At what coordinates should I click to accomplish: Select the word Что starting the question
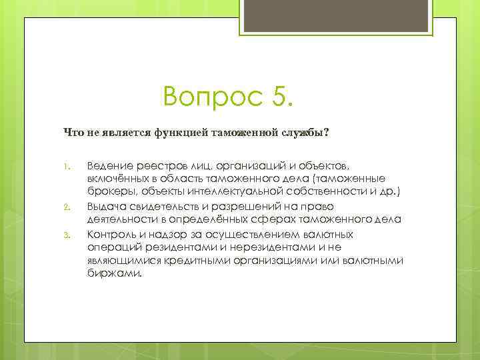point(73,133)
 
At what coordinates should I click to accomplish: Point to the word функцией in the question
point(181,133)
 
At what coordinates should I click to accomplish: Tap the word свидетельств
point(161,206)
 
